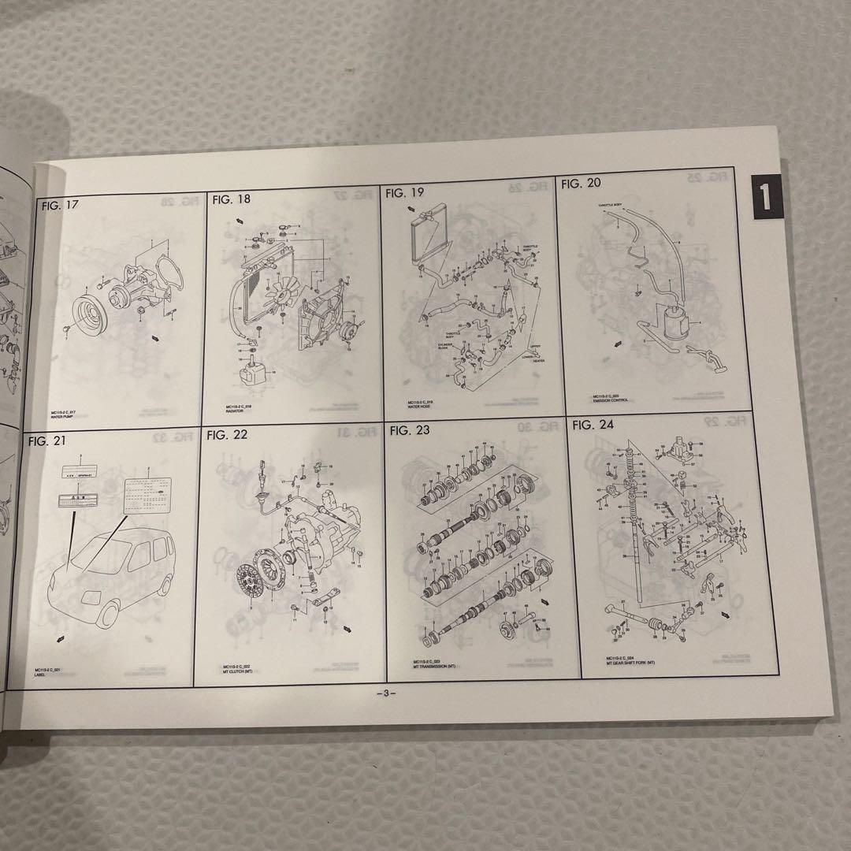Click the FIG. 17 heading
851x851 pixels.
(x=61, y=207)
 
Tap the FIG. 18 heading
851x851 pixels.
(x=232, y=199)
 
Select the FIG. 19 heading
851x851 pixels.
(x=406, y=192)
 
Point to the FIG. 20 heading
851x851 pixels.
(x=581, y=184)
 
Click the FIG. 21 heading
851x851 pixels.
(x=49, y=441)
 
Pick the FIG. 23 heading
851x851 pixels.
(x=410, y=430)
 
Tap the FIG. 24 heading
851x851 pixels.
(x=593, y=425)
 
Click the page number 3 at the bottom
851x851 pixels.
(x=385, y=693)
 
